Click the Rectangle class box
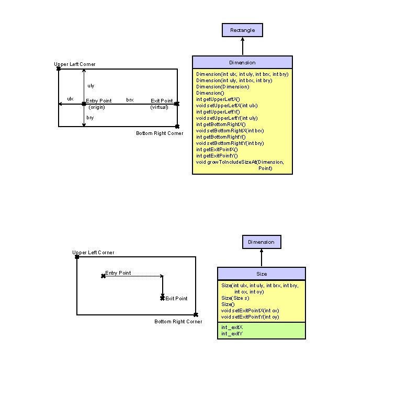[x=242, y=30]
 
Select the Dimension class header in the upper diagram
[x=242, y=62]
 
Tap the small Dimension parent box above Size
[x=261, y=242]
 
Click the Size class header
[x=261, y=274]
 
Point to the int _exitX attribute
[x=232, y=327]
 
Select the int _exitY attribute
[x=232, y=333]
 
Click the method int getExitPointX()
[x=217, y=149]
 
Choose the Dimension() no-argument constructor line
[x=209, y=93]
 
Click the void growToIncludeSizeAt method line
[x=240, y=162]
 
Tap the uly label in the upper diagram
[x=91, y=85]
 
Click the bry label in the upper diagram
[x=90, y=118]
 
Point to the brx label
[x=130, y=99]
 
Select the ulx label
[x=70, y=99]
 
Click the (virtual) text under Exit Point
[x=159, y=107]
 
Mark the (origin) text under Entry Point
[x=97, y=107]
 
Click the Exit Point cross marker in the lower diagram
[x=162, y=298]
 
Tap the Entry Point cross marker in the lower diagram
[x=103, y=276]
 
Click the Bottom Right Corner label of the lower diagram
[x=178, y=322]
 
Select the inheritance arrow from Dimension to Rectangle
[x=242, y=46]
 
